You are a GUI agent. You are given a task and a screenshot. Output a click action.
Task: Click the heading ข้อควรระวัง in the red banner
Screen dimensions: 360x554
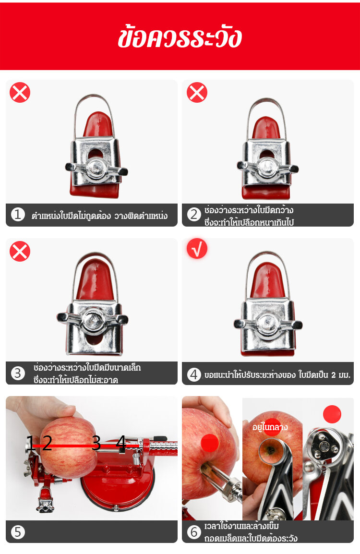tap(180, 37)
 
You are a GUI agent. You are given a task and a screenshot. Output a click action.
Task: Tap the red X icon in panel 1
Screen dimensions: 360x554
tap(20, 93)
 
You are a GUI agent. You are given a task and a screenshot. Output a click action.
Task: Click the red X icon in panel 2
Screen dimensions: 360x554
tap(197, 93)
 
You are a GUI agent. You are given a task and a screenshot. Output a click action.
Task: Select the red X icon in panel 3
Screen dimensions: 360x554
tap(20, 251)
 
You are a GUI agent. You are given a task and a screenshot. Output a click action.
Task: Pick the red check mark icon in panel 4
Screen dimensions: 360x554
tap(197, 248)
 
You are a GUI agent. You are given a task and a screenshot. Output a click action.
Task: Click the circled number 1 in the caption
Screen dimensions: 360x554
tap(18, 215)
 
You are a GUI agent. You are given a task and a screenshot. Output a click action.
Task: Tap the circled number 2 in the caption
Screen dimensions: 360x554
tap(193, 215)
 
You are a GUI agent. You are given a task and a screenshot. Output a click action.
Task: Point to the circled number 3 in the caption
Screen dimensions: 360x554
tap(18, 373)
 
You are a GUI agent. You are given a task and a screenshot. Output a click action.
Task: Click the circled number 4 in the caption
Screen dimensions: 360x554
tap(193, 374)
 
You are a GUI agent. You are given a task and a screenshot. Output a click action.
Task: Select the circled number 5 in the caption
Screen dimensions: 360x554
tap(18, 532)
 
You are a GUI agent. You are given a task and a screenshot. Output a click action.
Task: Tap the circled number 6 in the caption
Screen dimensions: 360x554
tap(193, 532)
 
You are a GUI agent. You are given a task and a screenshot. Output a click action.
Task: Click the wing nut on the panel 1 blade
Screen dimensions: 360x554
tap(96, 169)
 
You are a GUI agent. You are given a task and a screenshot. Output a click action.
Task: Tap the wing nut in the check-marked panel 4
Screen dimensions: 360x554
tap(268, 324)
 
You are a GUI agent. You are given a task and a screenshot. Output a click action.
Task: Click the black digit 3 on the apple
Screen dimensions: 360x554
tap(96, 443)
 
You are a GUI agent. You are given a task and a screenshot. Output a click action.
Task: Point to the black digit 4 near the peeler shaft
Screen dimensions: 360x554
tap(121, 443)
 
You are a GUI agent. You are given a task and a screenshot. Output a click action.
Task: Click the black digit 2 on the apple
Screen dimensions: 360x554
tap(47, 443)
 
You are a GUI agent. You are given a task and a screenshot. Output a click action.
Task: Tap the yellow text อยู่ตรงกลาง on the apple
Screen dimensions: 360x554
tap(270, 427)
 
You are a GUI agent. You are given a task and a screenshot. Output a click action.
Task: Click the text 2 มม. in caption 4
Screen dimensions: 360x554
tap(341, 375)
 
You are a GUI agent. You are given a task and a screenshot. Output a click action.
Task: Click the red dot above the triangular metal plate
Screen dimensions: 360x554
tap(332, 414)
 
